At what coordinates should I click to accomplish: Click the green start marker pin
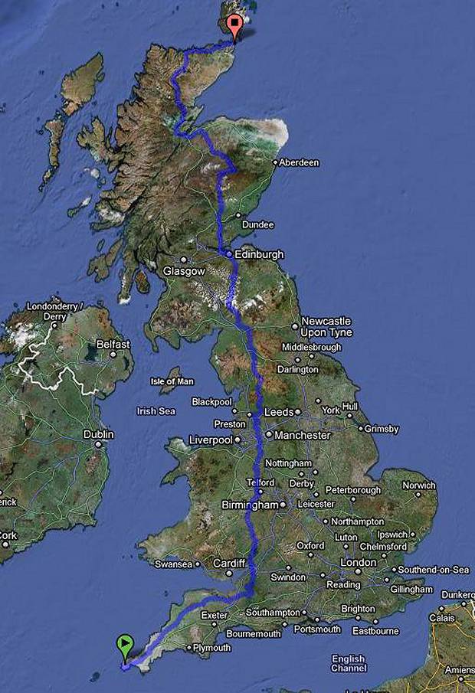pos(123,644)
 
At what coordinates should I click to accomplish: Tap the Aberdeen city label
pos(299,162)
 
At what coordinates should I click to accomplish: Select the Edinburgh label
pos(260,253)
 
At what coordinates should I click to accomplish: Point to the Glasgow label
pos(184,271)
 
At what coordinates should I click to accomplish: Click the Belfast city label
pos(113,345)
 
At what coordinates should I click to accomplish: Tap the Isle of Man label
pos(172,381)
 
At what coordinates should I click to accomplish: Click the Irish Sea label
pos(156,411)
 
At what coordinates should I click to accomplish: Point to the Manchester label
pos(303,435)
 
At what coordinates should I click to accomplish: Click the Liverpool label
pos(211,440)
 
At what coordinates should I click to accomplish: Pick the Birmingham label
pos(249,505)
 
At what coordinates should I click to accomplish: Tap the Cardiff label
pos(229,563)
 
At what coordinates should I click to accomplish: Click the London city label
pos(358,562)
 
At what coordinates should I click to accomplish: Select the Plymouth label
pos(211,648)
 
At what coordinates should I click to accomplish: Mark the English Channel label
pos(349,663)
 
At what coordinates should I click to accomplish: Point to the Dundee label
pos(257,224)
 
